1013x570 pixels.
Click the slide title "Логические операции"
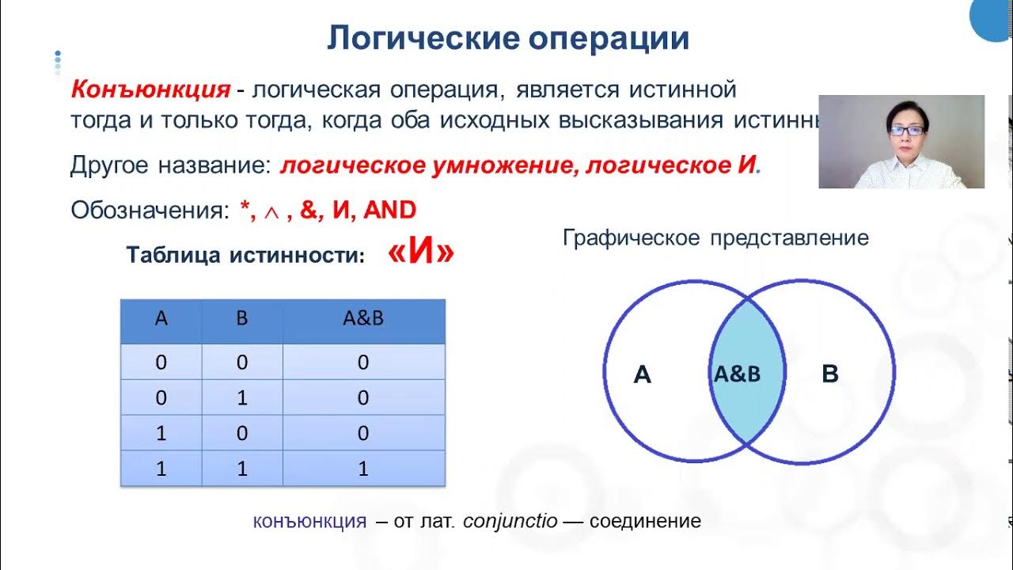pos(507,38)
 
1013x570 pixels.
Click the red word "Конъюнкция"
pos(150,89)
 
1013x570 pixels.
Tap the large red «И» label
pos(421,253)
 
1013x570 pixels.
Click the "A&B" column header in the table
pos(362,319)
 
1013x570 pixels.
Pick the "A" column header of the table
pos(161,319)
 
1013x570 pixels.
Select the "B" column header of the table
pos(242,319)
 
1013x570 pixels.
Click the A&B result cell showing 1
pos(362,469)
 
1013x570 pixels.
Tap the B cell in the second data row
pos(242,398)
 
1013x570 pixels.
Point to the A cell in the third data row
pos(161,434)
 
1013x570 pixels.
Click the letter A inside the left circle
pos(643,374)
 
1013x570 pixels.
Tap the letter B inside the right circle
pos(829,374)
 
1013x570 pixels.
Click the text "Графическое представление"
pos(715,237)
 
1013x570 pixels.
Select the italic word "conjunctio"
pos(510,522)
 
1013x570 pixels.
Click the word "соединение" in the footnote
pos(644,522)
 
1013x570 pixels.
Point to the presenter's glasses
pos(905,130)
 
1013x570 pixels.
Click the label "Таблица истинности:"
pos(245,256)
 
